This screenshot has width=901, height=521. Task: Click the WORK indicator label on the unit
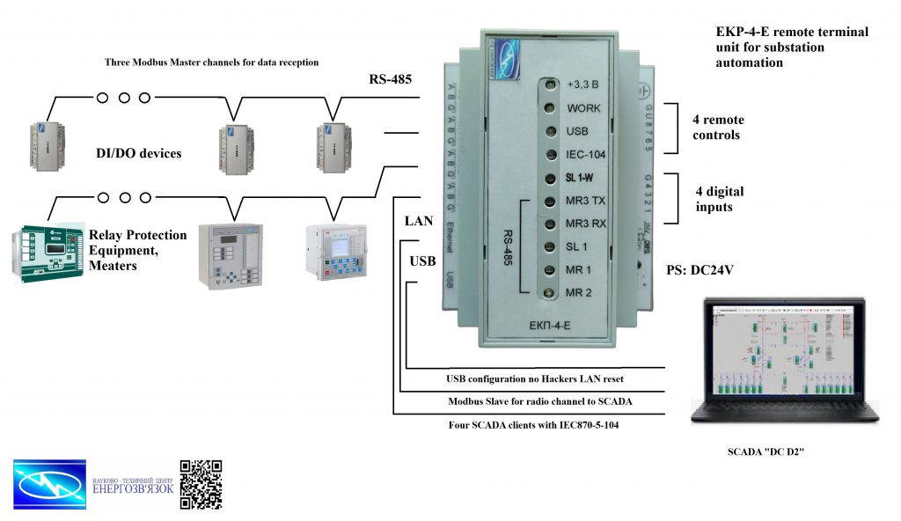tap(584, 108)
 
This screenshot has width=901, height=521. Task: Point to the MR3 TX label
tap(586, 201)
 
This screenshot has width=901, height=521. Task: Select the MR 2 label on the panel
tap(579, 292)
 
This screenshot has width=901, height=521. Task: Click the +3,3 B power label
tap(583, 85)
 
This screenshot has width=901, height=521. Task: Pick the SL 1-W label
tap(582, 178)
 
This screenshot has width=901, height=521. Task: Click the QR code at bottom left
tap(201, 484)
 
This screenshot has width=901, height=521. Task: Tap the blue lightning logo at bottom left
tap(49, 484)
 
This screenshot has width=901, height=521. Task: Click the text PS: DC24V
tap(700, 270)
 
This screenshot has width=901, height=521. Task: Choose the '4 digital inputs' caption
tap(714, 199)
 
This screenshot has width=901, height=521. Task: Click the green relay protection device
tap(45, 252)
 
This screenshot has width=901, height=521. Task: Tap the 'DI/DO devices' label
tap(138, 154)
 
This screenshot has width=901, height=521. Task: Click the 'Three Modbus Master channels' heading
tap(211, 63)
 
